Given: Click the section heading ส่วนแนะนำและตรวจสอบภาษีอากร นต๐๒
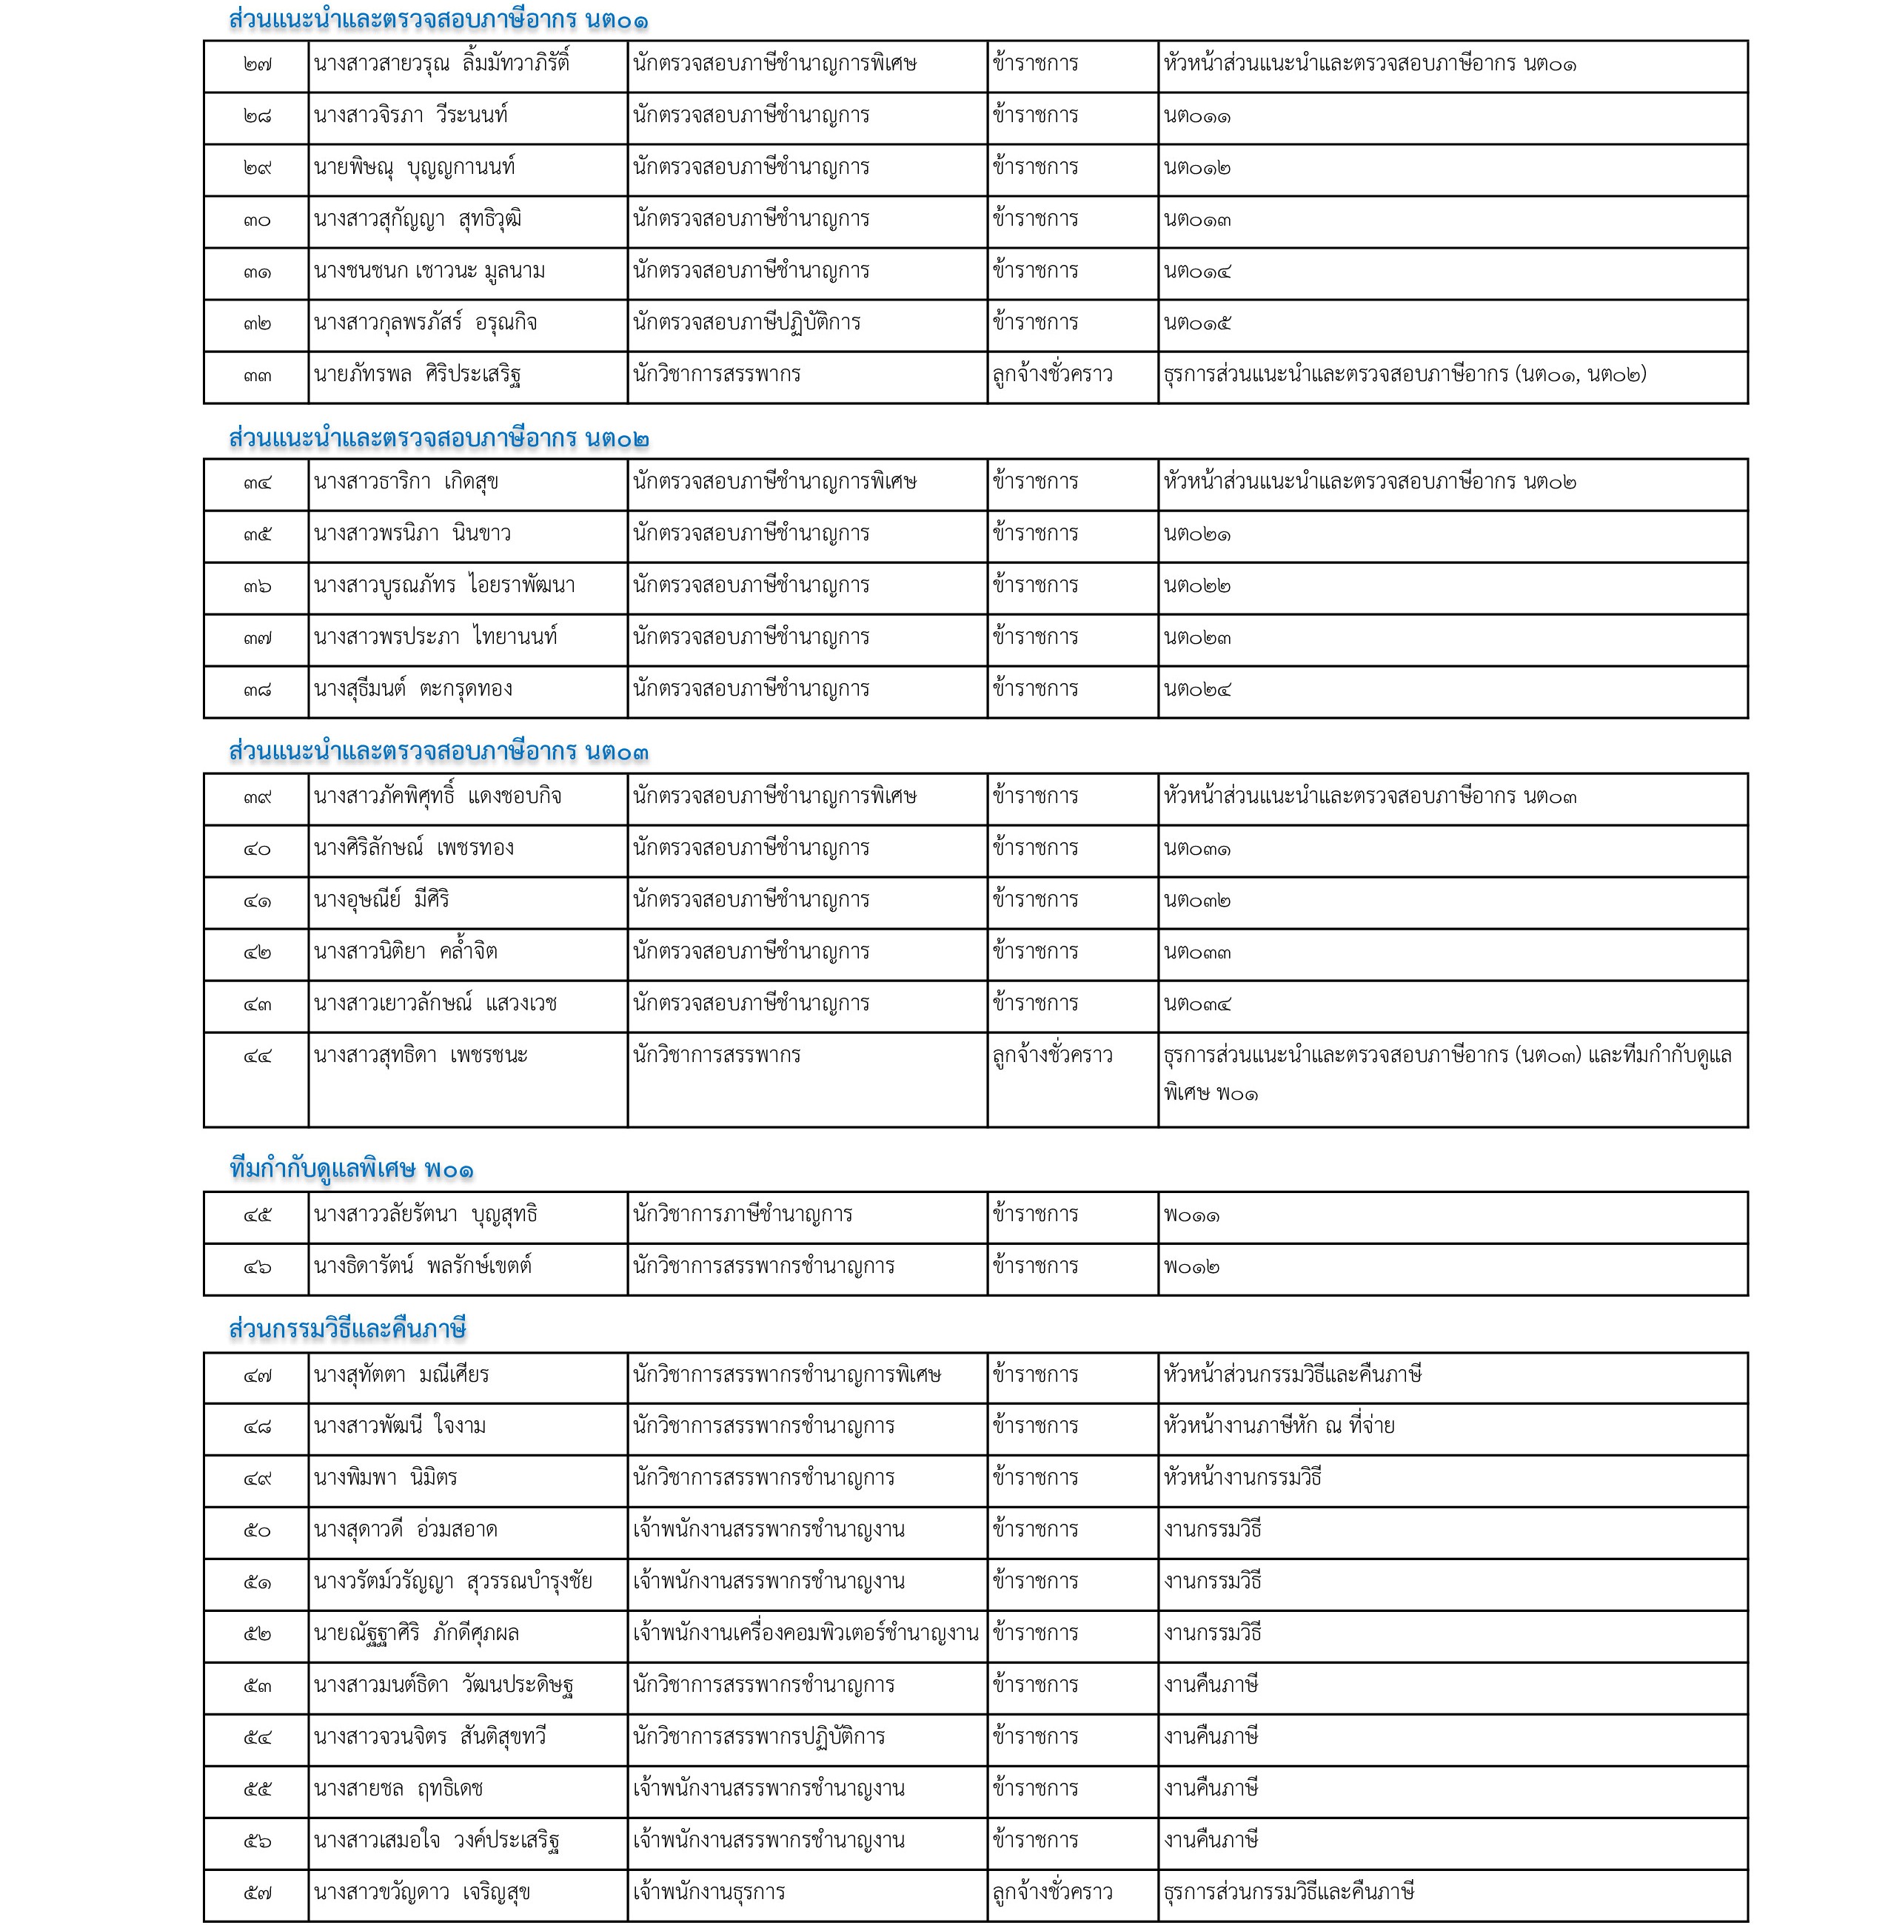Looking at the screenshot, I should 438,438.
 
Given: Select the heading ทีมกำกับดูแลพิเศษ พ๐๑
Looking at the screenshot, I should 351,1169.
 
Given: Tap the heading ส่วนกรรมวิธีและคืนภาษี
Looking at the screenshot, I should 347,1329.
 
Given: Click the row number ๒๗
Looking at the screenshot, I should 257,64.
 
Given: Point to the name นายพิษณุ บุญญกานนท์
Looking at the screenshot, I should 415,167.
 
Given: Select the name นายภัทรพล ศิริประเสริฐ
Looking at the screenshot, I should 418,374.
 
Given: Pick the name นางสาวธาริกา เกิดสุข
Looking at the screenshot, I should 406,483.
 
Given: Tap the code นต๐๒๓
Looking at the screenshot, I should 1198,637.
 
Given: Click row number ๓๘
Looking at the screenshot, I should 257,690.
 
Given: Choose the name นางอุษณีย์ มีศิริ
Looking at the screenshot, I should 382,900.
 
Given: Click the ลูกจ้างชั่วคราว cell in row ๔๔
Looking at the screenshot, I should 1052,1055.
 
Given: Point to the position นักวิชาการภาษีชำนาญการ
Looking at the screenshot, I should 743,1215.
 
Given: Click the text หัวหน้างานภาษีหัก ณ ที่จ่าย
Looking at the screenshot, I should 1279,1426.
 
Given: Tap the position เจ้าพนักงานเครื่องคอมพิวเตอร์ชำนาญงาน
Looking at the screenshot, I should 806,1633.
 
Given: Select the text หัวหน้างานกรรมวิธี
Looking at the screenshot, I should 1242,1478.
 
